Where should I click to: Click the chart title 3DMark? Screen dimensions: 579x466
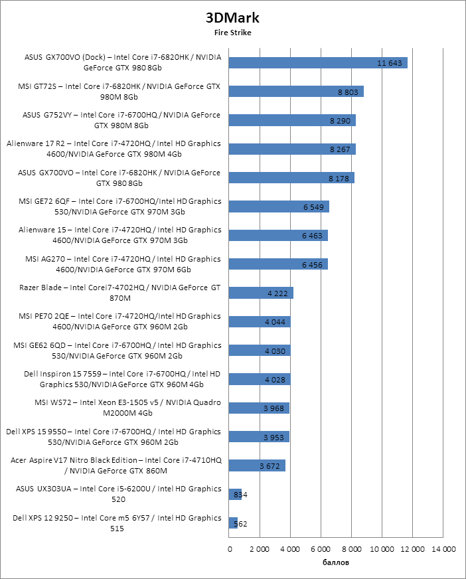pos(232,17)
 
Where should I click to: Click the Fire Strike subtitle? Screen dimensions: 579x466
pos(232,32)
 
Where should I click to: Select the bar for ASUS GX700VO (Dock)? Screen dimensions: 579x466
pos(318,63)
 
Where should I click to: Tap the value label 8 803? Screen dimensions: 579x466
pos(348,92)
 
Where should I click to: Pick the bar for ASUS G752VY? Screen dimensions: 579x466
pos(292,120)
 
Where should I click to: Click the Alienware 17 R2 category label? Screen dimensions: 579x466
pos(114,149)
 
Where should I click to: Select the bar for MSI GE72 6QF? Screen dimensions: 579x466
pos(279,207)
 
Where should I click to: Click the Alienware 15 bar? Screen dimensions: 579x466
pos(278,235)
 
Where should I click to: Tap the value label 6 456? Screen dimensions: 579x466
pos(312,264)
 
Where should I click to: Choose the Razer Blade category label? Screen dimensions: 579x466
pos(121,293)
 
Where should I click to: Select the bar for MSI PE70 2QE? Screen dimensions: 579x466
pos(260,321)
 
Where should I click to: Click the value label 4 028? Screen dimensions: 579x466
pos(275,379)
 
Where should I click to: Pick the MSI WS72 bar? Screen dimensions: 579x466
pos(259,408)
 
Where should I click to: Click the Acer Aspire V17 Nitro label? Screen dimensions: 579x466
pos(116,465)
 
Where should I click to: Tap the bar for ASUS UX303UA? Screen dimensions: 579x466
pos(235,494)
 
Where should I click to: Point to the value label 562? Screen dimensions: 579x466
pos(240,524)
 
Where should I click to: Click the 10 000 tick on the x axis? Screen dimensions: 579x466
pos(382,549)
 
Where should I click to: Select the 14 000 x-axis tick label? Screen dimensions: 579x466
pos(443,549)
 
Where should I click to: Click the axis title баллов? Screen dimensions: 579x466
pos(336,563)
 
